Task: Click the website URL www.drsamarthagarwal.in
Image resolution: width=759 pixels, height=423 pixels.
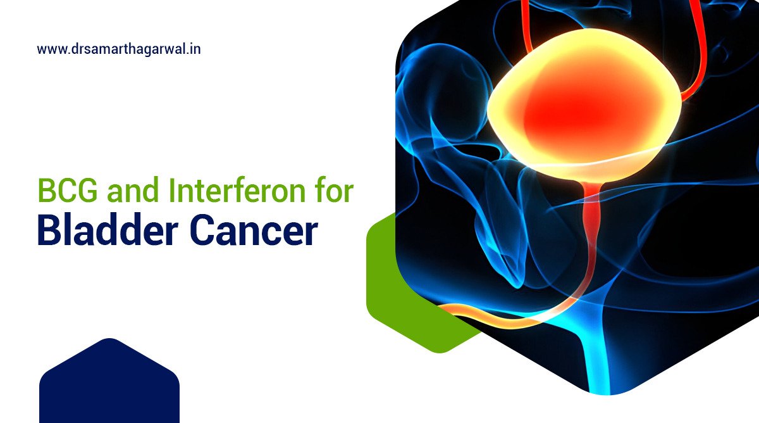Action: click(x=119, y=49)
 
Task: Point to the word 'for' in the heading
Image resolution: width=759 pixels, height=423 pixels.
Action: click(x=336, y=191)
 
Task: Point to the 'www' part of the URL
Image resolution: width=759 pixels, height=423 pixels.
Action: click(x=49, y=49)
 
